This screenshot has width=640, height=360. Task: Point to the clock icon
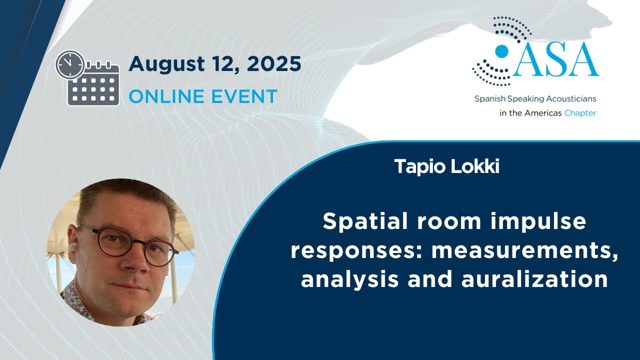pyautogui.click(x=70, y=64)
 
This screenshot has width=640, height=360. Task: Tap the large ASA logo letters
pyautogui.click(x=554, y=60)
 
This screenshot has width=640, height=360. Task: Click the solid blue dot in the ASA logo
pyautogui.click(x=501, y=51)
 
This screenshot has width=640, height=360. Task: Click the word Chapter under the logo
pyautogui.click(x=580, y=113)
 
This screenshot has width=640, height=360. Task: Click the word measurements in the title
pyautogui.click(x=524, y=250)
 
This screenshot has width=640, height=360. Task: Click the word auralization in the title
pyautogui.click(x=534, y=279)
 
